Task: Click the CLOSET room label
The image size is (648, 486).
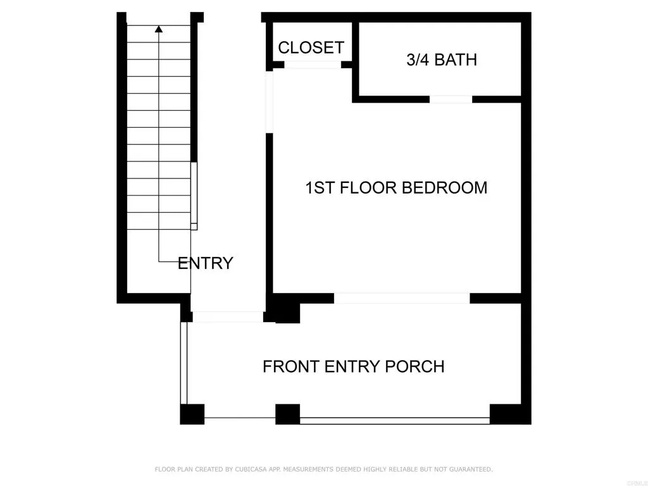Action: (311, 47)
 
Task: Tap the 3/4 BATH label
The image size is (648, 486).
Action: (441, 60)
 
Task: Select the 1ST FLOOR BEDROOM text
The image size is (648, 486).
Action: (396, 188)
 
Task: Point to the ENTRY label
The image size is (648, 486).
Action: (205, 263)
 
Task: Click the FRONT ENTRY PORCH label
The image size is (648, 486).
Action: (353, 366)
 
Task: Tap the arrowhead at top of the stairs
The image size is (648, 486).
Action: (159, 28)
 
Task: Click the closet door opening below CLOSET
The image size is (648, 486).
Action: (313, 65)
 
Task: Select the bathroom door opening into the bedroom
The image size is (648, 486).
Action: (451, 99)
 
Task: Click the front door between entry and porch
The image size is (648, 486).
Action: (228, 317)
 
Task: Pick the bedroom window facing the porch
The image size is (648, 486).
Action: (402, 298)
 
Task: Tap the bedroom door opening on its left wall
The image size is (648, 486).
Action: (270, 101)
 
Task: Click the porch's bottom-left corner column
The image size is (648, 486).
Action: (192, 414)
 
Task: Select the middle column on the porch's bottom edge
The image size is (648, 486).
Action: (287, 414)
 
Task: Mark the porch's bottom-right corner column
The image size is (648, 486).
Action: (506, 414)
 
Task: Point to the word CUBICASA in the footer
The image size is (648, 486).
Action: (249, 470)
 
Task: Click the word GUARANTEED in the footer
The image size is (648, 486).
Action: (467, 470)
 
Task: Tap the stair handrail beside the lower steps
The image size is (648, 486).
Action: (194, 196)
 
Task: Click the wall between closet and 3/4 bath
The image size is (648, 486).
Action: (356, 60)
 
